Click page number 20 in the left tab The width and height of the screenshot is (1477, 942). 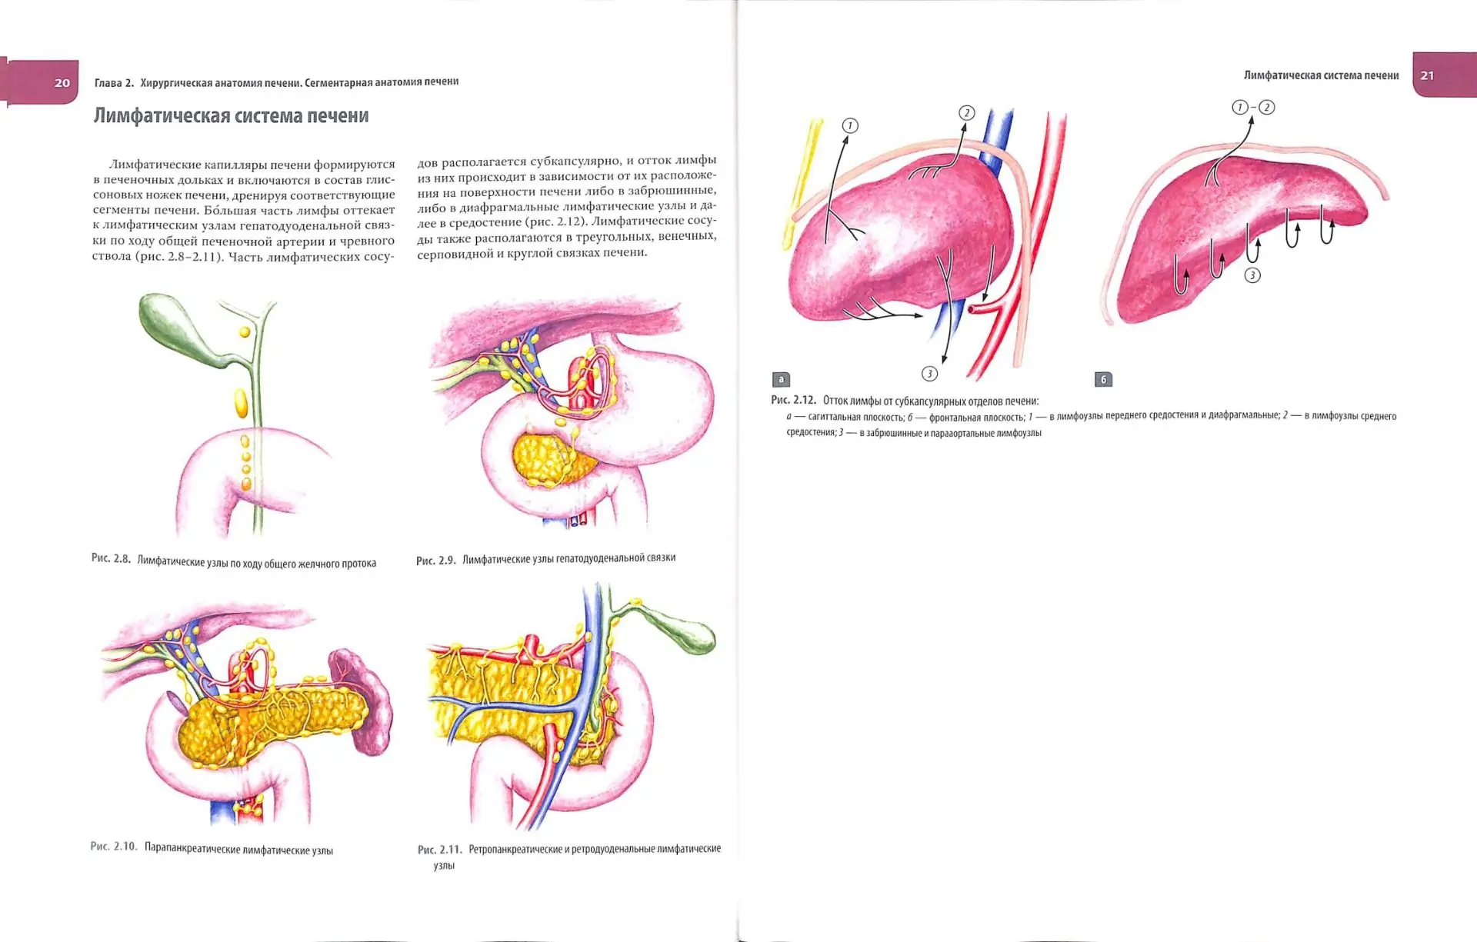(62, 83)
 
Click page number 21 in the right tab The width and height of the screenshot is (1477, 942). (1427, 75)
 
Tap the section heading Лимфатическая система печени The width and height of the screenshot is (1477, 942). (231, 115)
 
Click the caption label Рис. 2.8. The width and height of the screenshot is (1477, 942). (111, 558)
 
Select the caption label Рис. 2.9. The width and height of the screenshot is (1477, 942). (436, 561)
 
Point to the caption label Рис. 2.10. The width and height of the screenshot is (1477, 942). (114, 846)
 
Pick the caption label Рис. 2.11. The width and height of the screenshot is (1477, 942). (440, 849)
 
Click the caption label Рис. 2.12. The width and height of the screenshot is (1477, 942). (793, 400)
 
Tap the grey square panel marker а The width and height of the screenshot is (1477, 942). (781, 379)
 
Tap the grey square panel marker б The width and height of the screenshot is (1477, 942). (1103, 379)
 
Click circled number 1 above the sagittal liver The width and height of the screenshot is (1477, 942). (850, 125)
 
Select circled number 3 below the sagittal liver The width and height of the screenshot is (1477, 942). (929, 374)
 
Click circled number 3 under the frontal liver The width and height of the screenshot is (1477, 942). (1252, 275)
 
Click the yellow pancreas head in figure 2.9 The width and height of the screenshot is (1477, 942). (548, 459)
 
